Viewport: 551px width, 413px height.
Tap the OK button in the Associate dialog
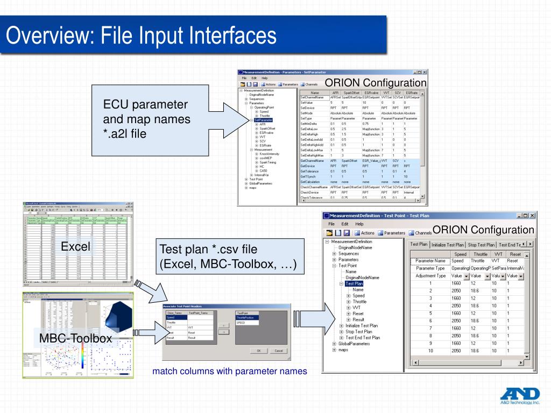pos(259,351)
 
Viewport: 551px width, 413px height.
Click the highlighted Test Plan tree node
pos(354,284)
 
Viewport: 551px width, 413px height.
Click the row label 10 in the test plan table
pos(430,351)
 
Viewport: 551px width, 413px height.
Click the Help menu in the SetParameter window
pos(264,78)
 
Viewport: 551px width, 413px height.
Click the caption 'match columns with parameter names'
pos(229,371)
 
